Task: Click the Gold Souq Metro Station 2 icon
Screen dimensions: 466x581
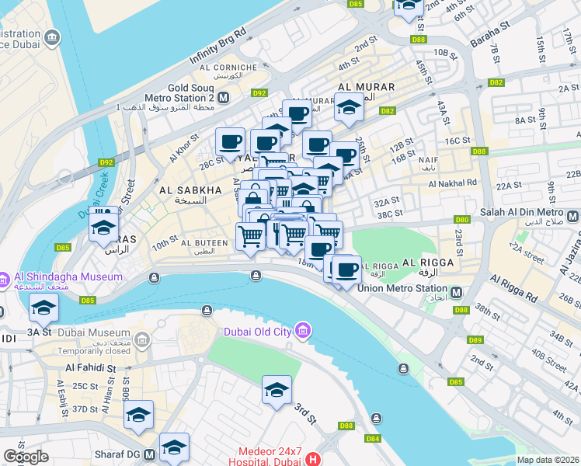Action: tap(223, 98)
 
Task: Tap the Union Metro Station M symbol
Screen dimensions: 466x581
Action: tap(457, 292)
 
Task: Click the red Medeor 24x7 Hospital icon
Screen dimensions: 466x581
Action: tap(314, 458)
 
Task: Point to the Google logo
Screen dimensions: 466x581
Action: tap(26, 457)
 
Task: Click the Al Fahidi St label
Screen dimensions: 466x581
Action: tap(90, 367)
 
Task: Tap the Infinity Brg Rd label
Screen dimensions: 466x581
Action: tap(218, 45)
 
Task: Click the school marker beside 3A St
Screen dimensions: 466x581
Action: tap(43, 307)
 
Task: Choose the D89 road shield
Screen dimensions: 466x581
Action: tap(475, 340)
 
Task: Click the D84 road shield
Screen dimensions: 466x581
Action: tap(373, 439)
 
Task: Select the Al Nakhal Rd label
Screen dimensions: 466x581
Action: tap(451, 183)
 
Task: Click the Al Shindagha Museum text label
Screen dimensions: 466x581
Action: tap(68, 276)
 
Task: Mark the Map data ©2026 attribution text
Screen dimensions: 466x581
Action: tap(548, 460)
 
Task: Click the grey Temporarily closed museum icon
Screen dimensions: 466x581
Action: tap(141, 340)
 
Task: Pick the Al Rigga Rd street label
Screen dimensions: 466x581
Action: tap(514, 288)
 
